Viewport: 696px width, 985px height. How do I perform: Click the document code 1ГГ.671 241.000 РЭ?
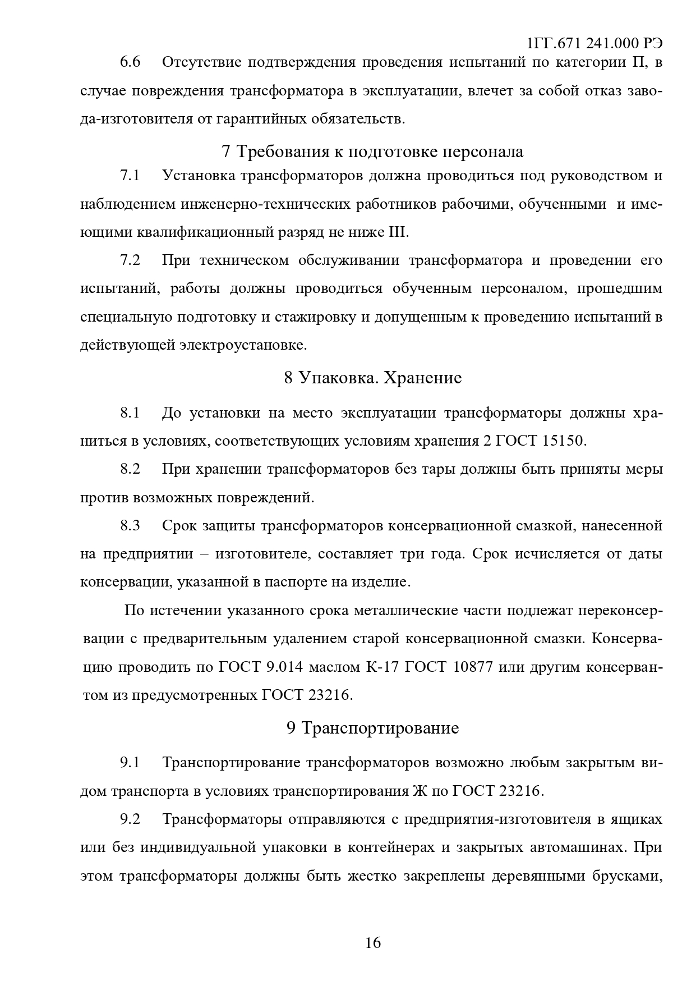click(x=595, y=44)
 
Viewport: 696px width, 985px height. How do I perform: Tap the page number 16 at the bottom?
click(x=372, y=942)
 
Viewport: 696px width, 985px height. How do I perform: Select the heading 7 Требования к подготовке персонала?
click(x=372, y=152)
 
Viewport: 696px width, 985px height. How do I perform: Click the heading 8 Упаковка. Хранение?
click(x=372, y=378)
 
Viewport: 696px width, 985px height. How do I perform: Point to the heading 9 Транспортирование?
click(x=372, y=728)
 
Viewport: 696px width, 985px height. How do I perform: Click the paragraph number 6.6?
click(x=130, y=62)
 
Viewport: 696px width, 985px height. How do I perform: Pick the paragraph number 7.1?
click(x=130, y=176)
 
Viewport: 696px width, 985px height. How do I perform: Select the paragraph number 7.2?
click(x=130, y=260)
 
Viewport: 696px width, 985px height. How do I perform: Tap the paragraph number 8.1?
click(x=130, y=413)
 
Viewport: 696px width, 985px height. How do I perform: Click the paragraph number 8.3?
click(x=130, y=526)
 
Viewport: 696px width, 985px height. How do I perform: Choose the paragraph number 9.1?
click(x=130, y=763)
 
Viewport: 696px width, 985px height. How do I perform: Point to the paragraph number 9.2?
click(x=130, y=819)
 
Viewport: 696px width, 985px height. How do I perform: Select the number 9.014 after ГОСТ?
click(x=283, y=667)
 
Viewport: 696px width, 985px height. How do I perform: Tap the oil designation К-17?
click(x=381, y=667)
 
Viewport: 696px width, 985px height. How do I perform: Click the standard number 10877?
click(x=467, y=667)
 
